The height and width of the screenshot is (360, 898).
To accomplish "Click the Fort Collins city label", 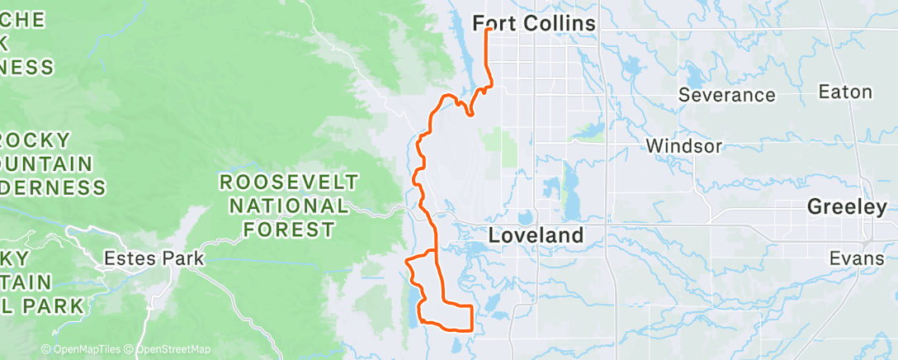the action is pyautogui.click(x=534, y=24).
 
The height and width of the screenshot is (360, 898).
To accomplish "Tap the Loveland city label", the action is pyautogui.click(x=536, y=234).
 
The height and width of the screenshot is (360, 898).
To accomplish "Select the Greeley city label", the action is pyautogui.click(x=847, y=207).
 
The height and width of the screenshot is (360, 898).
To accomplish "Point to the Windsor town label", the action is pyautogui.click(x=684, y=146).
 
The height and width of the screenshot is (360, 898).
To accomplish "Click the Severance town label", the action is pyautogui.click(x=726, y=95).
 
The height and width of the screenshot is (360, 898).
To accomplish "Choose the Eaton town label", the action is pyautogui.click(x=844, y=92).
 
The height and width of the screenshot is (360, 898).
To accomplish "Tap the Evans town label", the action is pyautogui.click(x=856, y=258).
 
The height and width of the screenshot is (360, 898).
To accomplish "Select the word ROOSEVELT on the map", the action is pyautogui.click(x=289, y=182).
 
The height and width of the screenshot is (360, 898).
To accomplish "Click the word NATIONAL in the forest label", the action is pyautogui.click(x=289, y=206).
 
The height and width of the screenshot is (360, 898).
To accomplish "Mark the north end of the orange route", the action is pyautogui.click(x=488, y=30).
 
